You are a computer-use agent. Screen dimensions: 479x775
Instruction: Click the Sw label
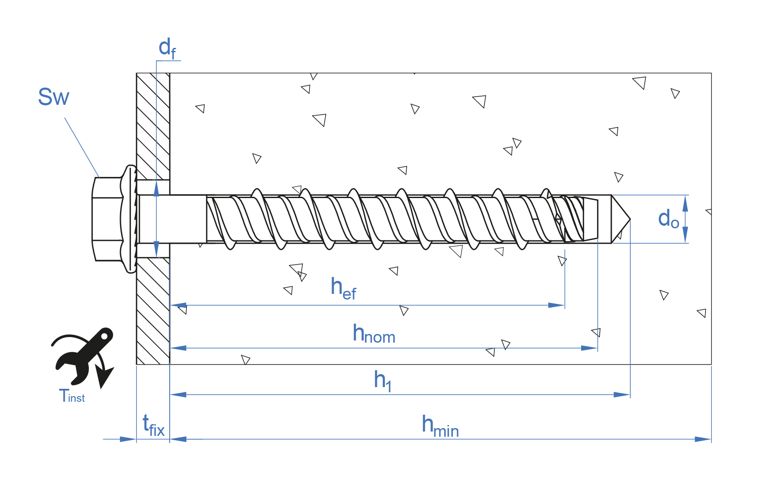coord(54,97)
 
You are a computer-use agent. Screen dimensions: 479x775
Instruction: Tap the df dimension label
coord(167,48)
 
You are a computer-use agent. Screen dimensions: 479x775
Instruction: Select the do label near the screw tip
coord(668,219)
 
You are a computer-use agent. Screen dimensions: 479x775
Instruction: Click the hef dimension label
coord(343,288)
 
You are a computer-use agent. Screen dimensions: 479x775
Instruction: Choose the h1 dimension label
coord(383,381)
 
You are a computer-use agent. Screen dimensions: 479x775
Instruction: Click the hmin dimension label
coord(440,426)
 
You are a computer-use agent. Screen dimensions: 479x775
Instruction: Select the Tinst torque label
coord(72,396)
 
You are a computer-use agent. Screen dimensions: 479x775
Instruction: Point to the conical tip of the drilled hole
coord(620,219)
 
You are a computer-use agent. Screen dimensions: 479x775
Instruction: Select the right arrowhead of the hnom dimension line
coord(590,348)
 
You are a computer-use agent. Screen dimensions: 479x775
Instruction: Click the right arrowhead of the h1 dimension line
coord(622,394)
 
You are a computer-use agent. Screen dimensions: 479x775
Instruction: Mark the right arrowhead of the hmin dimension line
coord(703,439)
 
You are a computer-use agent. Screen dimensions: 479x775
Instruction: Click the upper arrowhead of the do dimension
coord(685,203)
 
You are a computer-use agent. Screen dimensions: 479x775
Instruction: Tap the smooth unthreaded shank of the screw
coord(173,219)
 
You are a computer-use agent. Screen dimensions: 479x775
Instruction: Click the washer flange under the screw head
coord(130,219)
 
